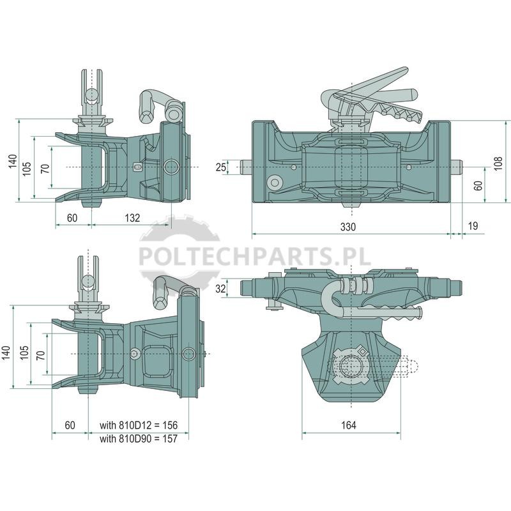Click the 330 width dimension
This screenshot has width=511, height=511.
(347, 227)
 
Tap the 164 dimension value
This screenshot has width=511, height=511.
(348, 425)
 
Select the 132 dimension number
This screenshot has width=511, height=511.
(132, 218)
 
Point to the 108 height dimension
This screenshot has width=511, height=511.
(498, 164)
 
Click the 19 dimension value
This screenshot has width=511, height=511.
(473, 225)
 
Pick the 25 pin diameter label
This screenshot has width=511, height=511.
(220, 167)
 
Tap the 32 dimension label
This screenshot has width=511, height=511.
(220, 289)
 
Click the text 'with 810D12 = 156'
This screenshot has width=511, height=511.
(139, 425)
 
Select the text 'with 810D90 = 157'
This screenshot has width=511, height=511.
(139, 438)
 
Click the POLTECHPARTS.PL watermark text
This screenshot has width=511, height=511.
(255, 256)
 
